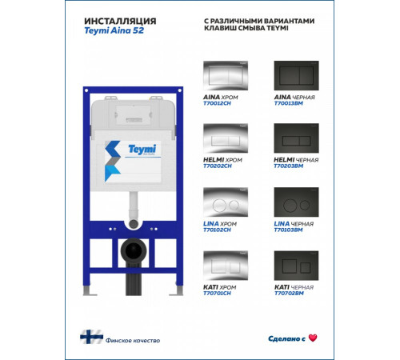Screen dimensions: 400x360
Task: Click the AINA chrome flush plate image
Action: click(x=226, y=75)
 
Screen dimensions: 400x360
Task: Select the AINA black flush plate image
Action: click(x=296, y=75)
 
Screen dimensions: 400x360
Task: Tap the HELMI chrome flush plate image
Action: click(x=226, y=138)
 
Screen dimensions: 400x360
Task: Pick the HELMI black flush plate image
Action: click(x=296, y=138)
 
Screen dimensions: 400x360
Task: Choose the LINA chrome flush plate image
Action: click(x=226, y=202)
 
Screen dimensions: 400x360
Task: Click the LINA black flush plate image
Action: click(x=296, y=202)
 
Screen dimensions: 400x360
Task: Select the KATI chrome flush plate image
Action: click(x=226, y=266)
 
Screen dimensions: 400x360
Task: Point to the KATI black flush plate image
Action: click(x=296, y=266)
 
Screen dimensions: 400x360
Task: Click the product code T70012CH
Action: click(x=217, y=103)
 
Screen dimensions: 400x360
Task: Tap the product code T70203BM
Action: click(x=289, y=166)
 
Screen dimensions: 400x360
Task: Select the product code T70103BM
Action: click(x=288, y=230)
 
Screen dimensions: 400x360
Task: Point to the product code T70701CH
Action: click(x=217, y=294)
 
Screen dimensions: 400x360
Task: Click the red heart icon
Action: click(x=313, y=338)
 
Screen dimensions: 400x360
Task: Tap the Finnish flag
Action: click(x=91, y=337)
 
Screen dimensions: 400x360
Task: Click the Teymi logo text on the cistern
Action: click(x=142, y=149)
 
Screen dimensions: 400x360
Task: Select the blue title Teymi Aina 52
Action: click(x=114, y=30)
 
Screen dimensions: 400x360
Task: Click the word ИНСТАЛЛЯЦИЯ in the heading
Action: click(x=120, y=21)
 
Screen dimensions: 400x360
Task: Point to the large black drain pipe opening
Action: click(x=134, y=250)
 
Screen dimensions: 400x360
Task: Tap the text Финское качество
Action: click(x=133, y=341)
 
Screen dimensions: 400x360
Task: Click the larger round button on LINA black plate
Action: click(x=290, y=206)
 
